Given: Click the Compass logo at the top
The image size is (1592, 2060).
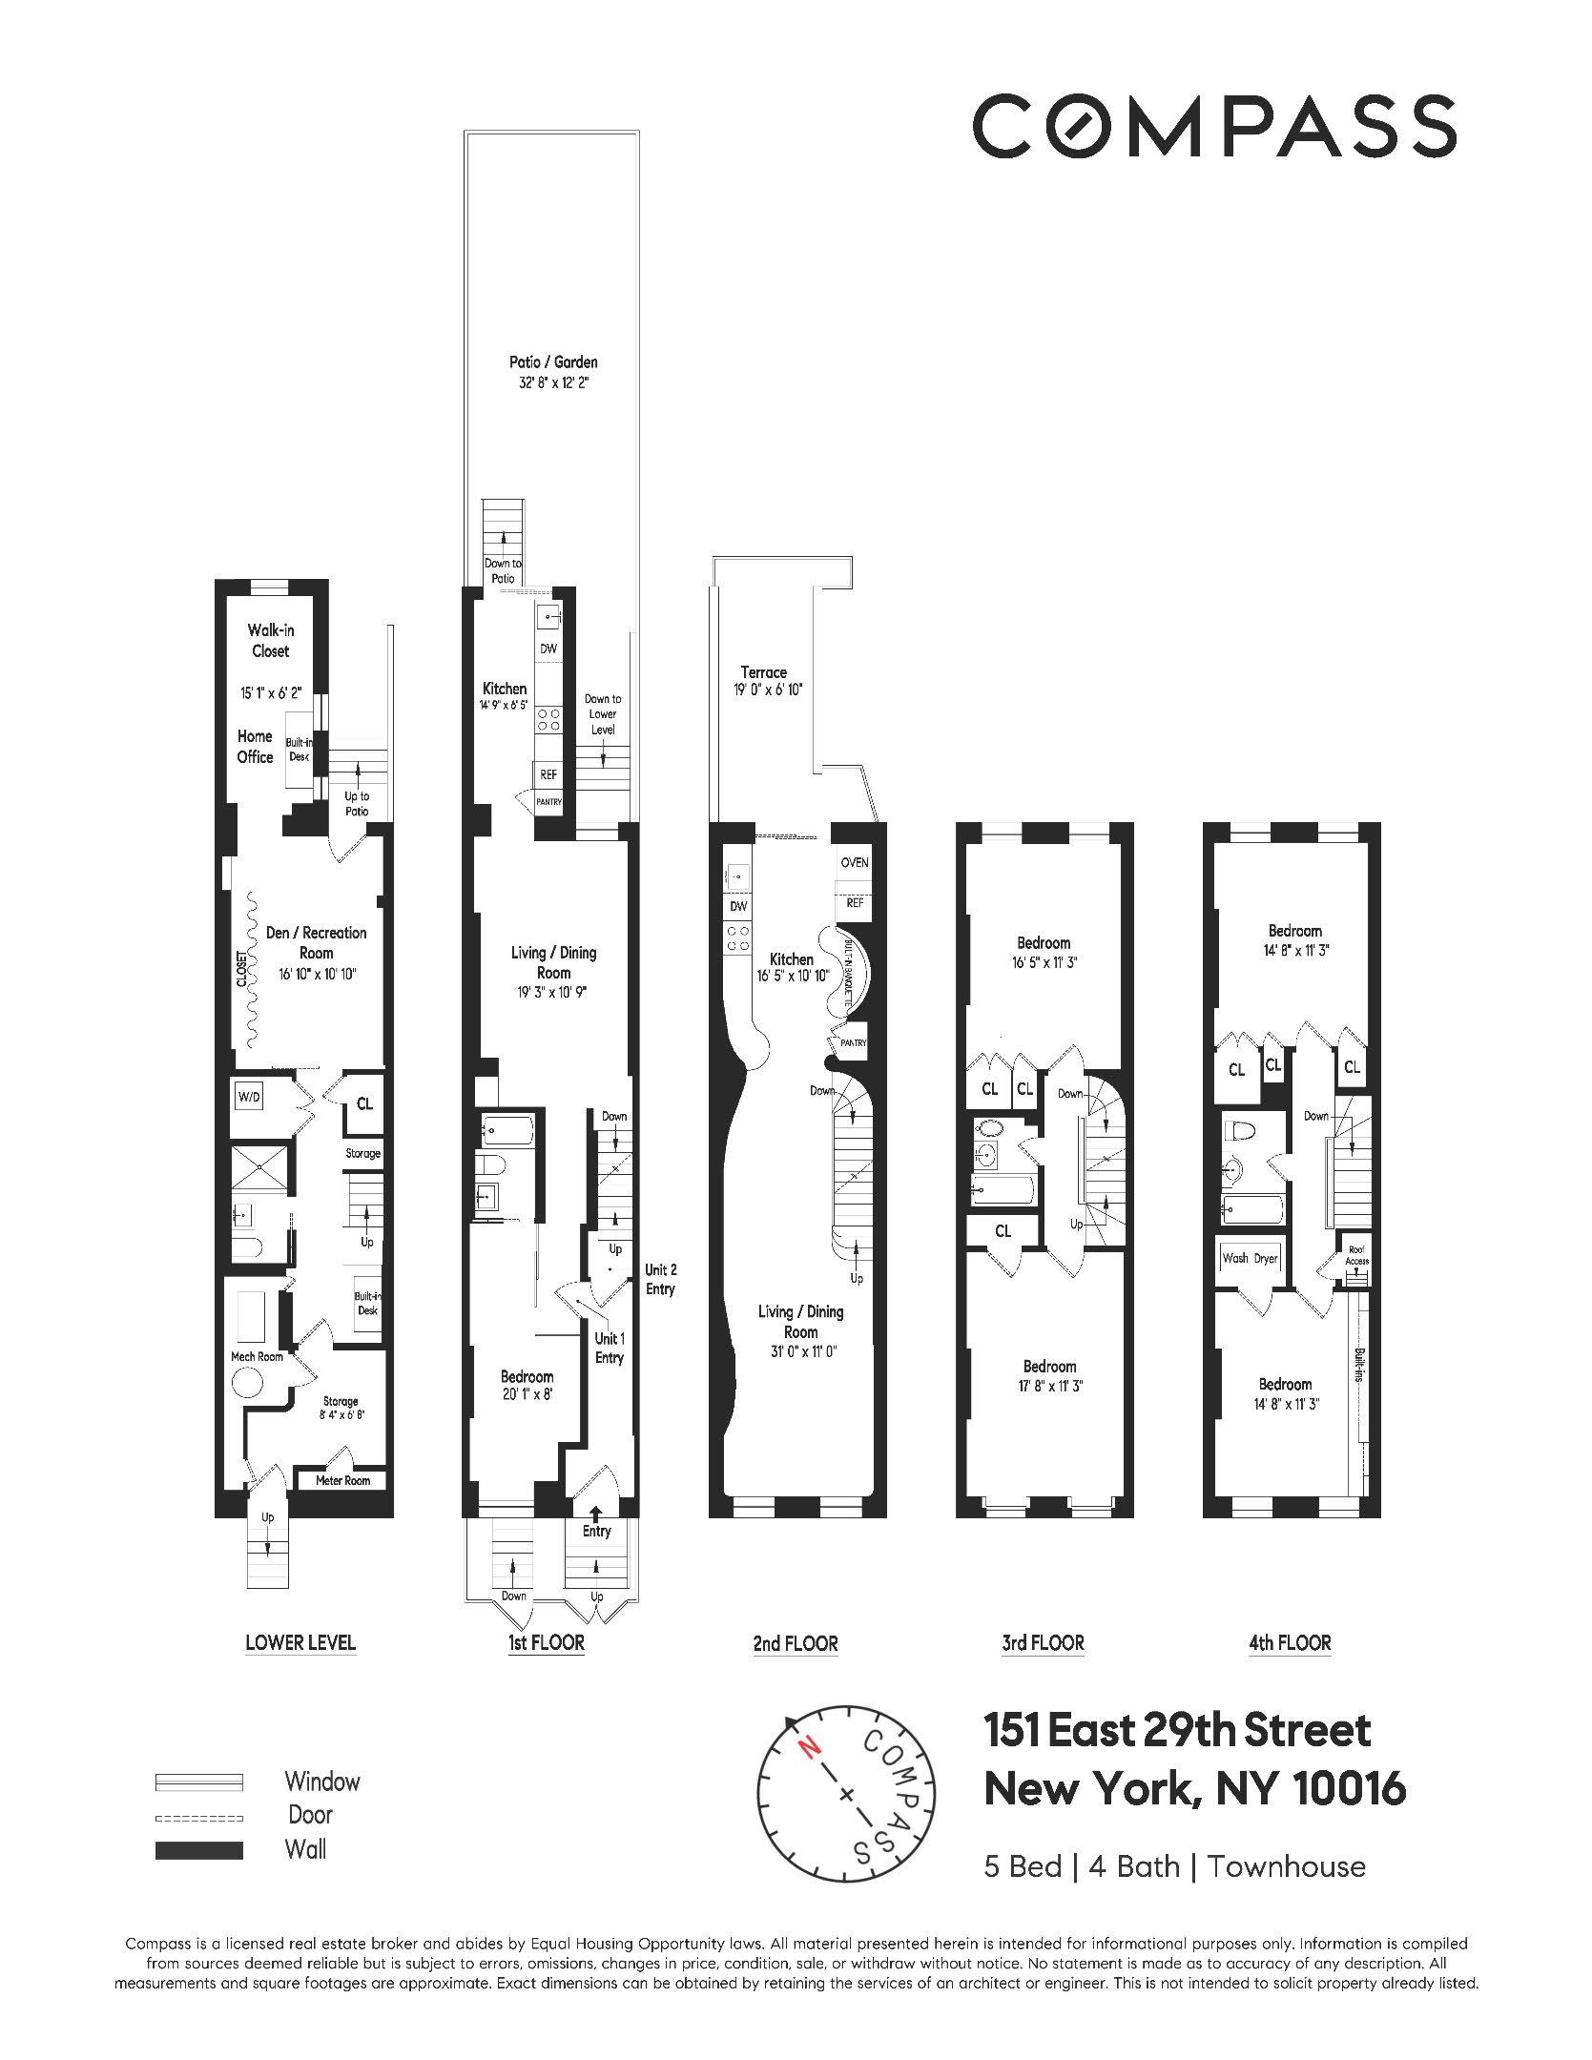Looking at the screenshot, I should [x=1213, y=126].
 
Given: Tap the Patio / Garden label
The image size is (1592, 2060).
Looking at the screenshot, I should [x=553, y=362].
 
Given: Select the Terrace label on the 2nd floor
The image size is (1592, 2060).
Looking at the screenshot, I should [x=763, y=672].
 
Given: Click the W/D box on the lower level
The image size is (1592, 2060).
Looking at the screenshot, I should [x=249, y=1098].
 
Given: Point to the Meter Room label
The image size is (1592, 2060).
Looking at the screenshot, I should [x=342, y=1481].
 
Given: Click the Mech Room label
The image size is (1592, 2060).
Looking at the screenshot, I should [x=257, y=1356].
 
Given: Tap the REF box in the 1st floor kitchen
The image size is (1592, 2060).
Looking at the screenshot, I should [x=548, y=774].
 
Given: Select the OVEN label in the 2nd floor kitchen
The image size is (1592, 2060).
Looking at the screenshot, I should [x=854, y=862].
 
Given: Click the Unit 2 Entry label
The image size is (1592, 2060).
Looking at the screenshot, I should [x=660, y=1280].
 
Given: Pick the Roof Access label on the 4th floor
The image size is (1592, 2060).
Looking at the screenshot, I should [x=1356, y=1256].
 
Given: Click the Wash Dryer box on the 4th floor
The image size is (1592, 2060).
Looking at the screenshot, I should [x=1250, y=1258].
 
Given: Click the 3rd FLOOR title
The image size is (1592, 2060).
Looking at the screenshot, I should [x=1043, y=1643].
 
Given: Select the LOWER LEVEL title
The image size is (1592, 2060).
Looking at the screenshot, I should [x=300, y=1642].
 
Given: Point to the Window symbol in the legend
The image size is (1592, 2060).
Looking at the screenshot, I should [x=199, y=1782].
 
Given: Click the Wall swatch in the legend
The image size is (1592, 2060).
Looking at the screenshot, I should [x=199, y=1850].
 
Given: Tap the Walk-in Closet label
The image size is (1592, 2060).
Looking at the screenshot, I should [x=270, y=640].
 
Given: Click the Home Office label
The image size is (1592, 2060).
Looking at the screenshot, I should [x=255, y=746].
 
